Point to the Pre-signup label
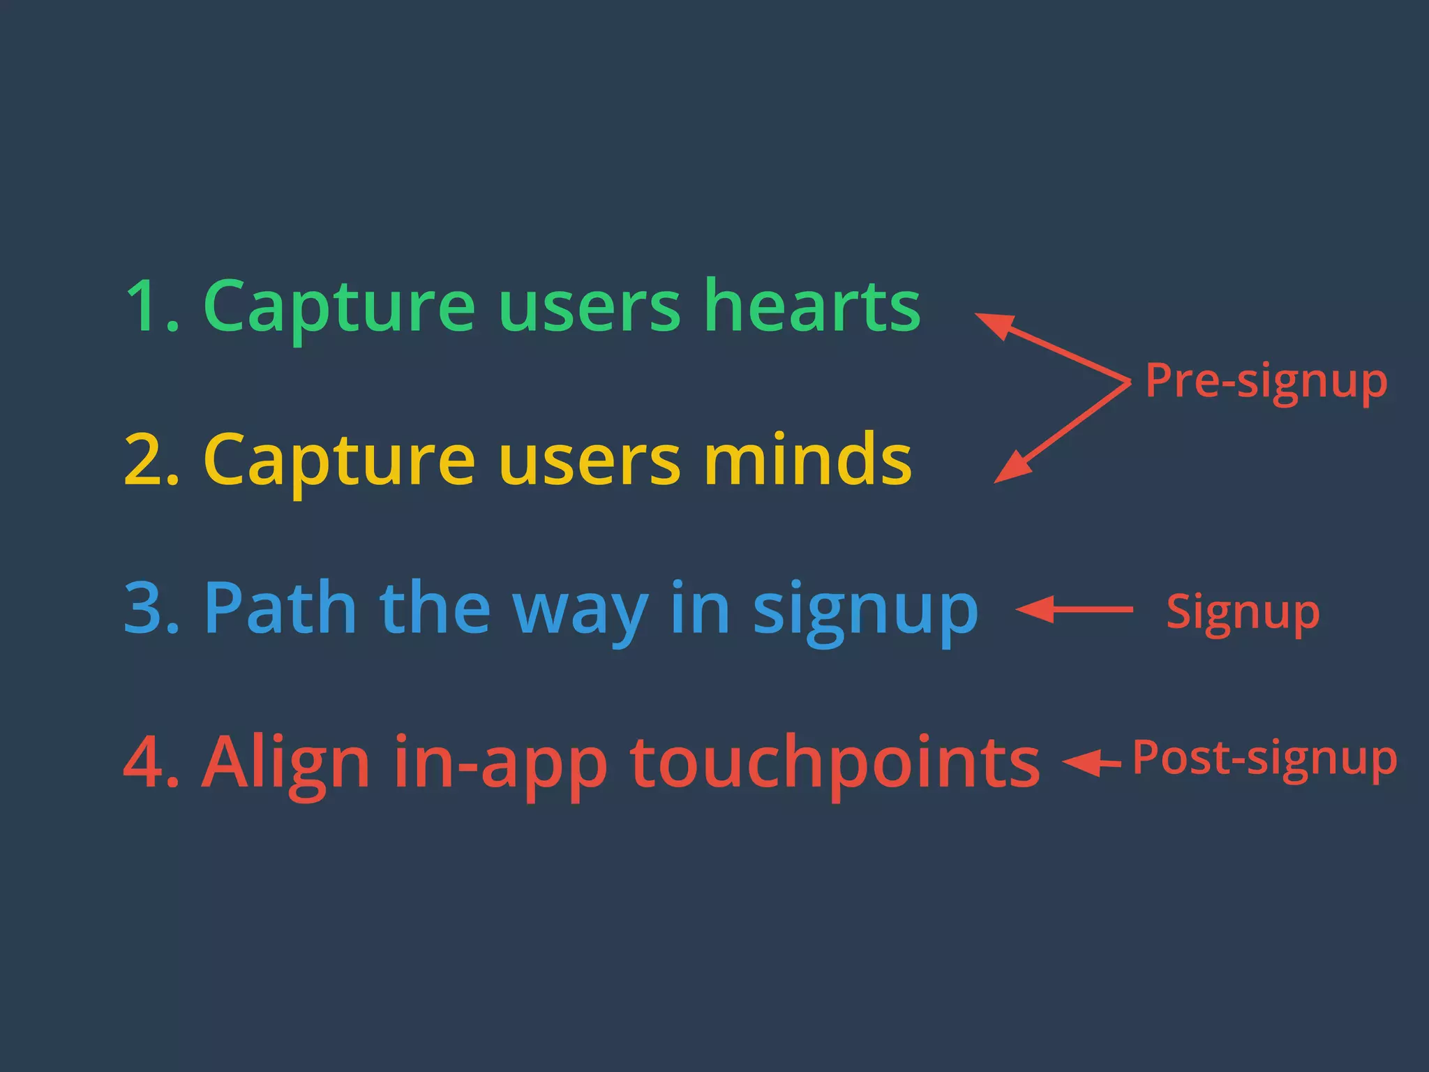(x=1266, y=382)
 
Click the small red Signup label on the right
(x=1243, y=613)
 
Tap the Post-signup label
(x=1264, y=759)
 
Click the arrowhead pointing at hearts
(x=994, y=325)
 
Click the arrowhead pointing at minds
(x=1012, y=468)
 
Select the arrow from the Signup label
(x=1075, y=609)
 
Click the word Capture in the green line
(x=339, y=307)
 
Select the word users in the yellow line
(x=589, y=461)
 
